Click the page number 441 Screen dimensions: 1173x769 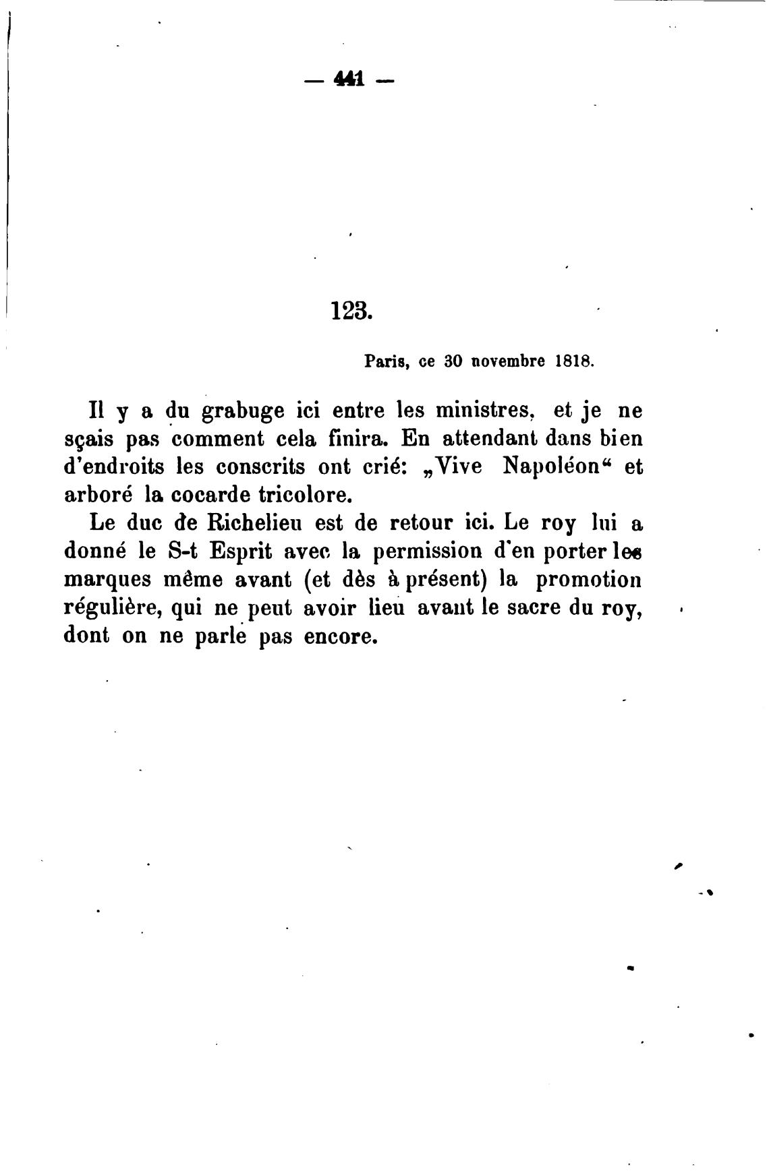coord(349,80)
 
